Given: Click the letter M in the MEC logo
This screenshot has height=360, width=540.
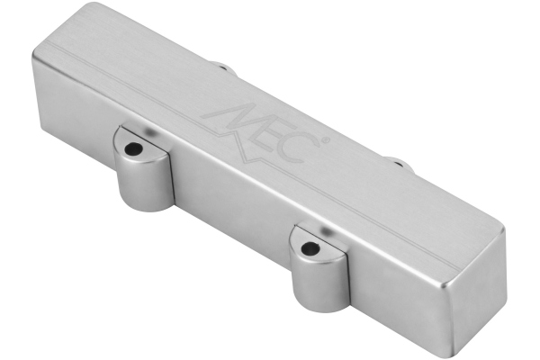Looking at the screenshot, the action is (232, 119).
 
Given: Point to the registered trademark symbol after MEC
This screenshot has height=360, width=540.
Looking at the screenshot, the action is (326, 140).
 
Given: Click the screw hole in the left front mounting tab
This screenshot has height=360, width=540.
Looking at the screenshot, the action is (133, 148).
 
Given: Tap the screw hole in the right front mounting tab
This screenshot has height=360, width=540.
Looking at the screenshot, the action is (310, 248).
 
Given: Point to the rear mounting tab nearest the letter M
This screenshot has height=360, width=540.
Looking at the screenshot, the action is (224, 67).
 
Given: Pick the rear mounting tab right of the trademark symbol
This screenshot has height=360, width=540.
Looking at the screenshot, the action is (400, 163).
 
